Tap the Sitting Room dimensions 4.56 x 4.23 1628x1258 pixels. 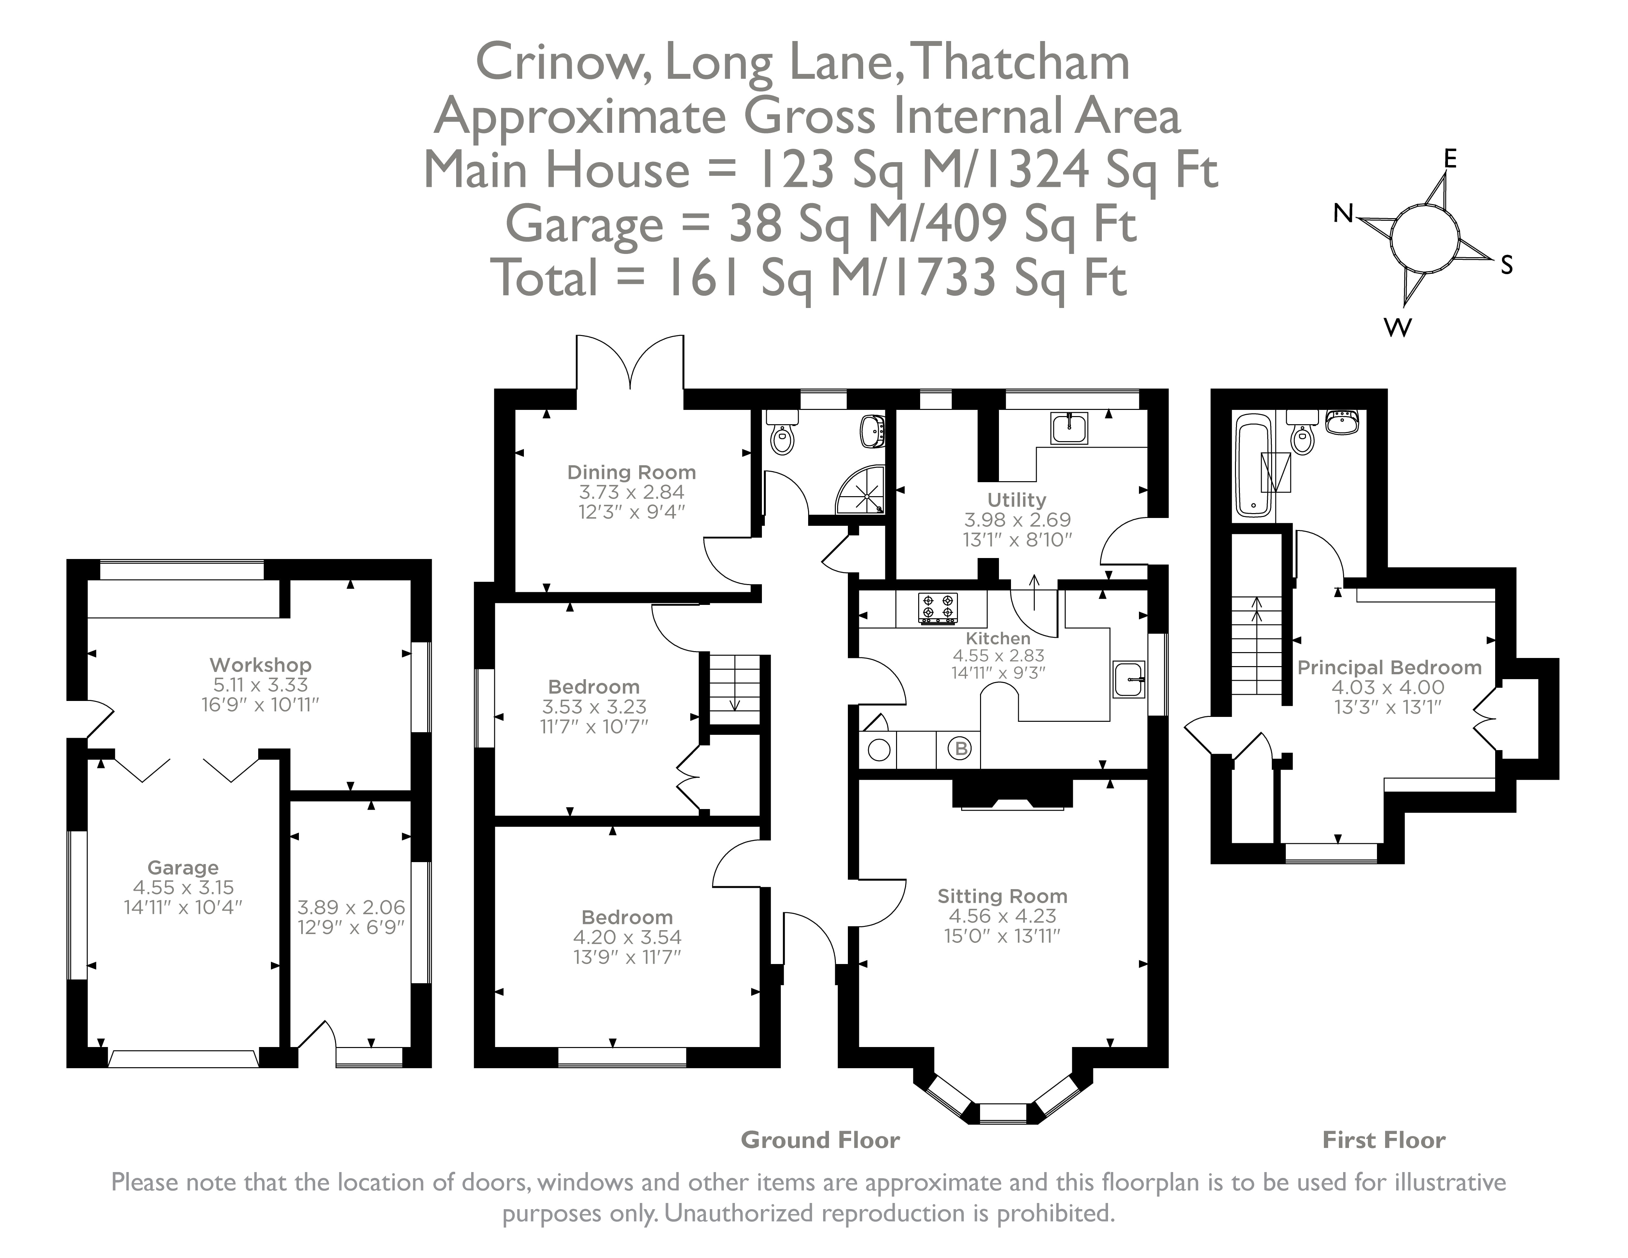[x=1002, y=916]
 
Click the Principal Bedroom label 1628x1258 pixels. [x=1389, y=668]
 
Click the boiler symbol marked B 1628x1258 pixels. [x=961, y=748]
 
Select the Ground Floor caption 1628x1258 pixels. [x=820, y=1140]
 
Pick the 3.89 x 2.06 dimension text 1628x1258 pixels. [x=351, y=907]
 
